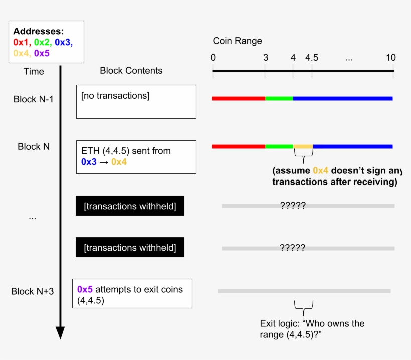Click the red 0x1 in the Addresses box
click(22, 42)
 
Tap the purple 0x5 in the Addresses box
click(41, 53)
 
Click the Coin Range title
click(237, 41)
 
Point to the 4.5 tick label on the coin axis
click(311, 58)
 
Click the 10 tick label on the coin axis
click(390, 58)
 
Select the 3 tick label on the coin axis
click(265, 58)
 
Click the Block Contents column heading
click(131, 71)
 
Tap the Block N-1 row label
click(34, 99)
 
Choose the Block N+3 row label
click(32, 291)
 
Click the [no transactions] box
click(136, 102)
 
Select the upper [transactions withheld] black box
click(130, 206)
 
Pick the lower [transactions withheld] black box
click(130, 248)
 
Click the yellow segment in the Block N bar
click(303, 146)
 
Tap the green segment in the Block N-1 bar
click(279, 98)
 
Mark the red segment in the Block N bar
click(238, 146)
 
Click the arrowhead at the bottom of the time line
click(60, 332)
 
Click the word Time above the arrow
click(34, 71)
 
